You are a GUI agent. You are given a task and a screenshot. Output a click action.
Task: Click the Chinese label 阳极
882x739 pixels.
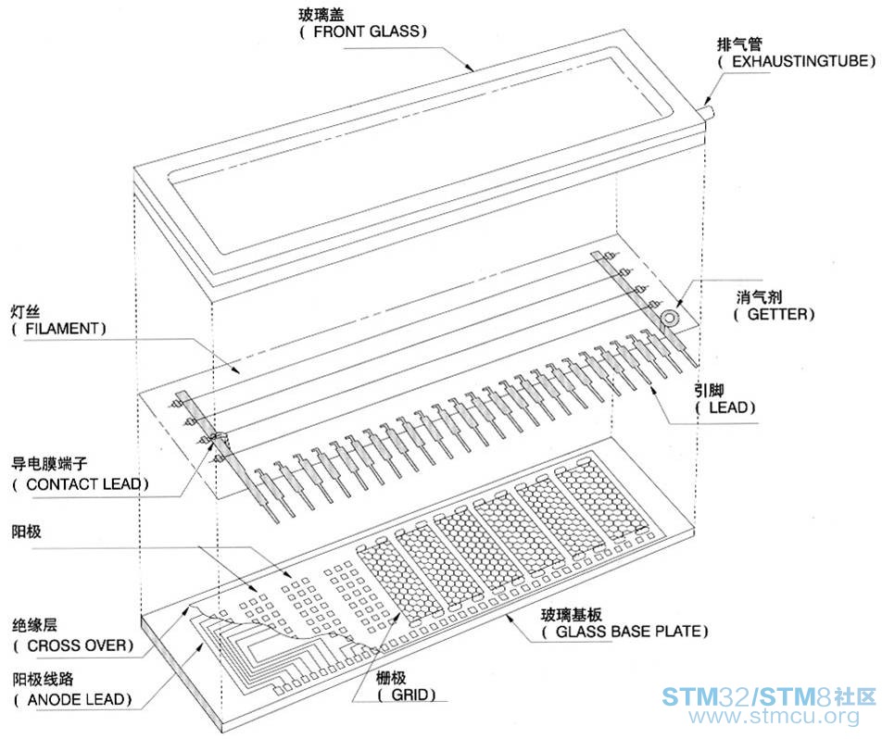pos(27,531)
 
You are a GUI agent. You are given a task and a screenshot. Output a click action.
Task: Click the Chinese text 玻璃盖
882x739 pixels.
pos(321,14)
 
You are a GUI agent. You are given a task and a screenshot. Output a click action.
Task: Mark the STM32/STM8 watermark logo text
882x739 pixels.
pos(769,696)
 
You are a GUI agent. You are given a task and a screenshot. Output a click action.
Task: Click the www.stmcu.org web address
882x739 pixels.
pos(775,717)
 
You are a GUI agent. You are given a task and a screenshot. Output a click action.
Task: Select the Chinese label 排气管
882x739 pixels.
pos(739,44)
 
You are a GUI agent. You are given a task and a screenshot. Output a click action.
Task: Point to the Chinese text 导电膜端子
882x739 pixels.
pos(49,464)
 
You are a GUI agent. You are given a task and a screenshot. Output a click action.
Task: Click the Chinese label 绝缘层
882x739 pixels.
pos(34,625)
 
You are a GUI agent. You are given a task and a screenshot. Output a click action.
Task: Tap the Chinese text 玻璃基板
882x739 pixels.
pos(572,614)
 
